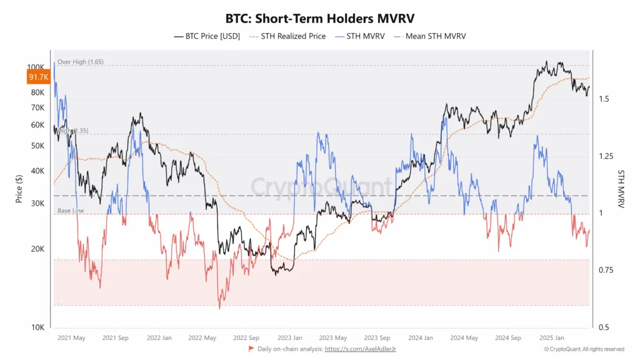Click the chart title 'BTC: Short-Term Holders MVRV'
[319, 19]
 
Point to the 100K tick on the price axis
[36, 67]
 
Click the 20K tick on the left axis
[37, 249]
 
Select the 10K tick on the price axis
[37, 327]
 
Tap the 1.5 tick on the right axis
[604, 99]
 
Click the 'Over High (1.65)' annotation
[81, 62]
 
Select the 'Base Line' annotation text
[71, 211]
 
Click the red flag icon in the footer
[251, 349]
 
